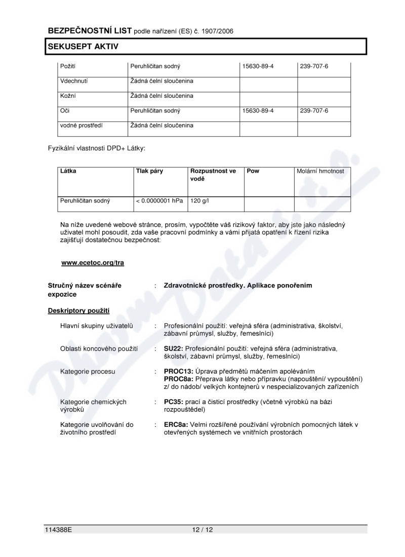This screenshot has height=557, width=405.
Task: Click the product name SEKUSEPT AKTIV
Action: tap(83, 47)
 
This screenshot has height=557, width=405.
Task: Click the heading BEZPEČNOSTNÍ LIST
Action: tap(90, 31)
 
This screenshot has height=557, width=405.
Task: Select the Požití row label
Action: tap(68, 66)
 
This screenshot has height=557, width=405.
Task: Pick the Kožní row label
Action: tap(68, 96)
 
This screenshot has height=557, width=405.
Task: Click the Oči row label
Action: tap(65, 110)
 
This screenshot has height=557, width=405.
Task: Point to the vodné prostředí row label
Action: tap(80, 125)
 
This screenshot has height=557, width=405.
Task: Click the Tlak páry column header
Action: tap(149, 171)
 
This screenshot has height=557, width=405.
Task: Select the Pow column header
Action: tap(253, 171)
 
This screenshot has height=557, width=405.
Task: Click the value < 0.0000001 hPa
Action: tap(159, 201)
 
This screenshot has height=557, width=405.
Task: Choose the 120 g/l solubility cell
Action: tap(199, 201)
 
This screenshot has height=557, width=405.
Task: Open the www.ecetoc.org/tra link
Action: tap(93, 262)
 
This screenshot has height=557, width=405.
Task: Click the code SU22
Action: tap(173, 349)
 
